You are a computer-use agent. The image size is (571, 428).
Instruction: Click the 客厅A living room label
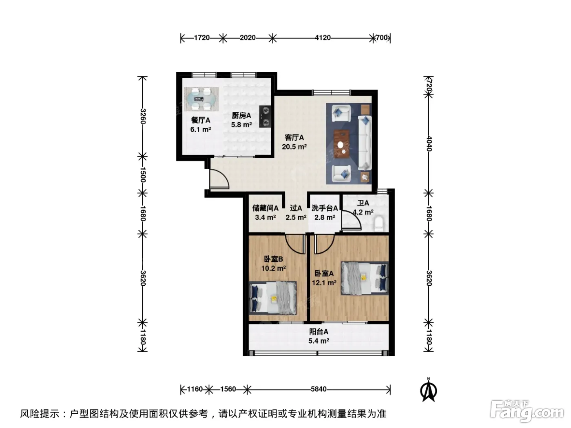[x=294, y=137]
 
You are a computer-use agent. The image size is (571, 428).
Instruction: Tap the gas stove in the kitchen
[x=265, y=117]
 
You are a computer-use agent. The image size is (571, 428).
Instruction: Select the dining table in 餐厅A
[x=201, y=99]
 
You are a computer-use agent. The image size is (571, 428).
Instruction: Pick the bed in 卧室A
[x=365, y=278]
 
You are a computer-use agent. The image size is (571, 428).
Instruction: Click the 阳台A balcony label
[x=319, y=331]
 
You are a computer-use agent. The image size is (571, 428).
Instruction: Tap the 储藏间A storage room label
[x=266, y=208]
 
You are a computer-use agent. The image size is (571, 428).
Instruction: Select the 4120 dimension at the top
[x=323, y=38]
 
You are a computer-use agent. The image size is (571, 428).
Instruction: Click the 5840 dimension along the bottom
[x=319, y=389]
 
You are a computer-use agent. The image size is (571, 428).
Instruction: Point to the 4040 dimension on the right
[x=429, y=144]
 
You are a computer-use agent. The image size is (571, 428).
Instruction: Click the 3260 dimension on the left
[x=143, y=117]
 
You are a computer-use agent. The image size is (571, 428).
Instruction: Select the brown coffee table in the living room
[x=343, y=144]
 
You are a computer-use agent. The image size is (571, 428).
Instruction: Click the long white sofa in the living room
[x=365, y=143]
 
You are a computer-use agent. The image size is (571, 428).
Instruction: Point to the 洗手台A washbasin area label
[x=325, y=208]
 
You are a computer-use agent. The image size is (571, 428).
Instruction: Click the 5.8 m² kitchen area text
[x=241, y=125]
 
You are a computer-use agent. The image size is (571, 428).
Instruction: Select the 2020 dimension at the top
[x=248, y=38]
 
